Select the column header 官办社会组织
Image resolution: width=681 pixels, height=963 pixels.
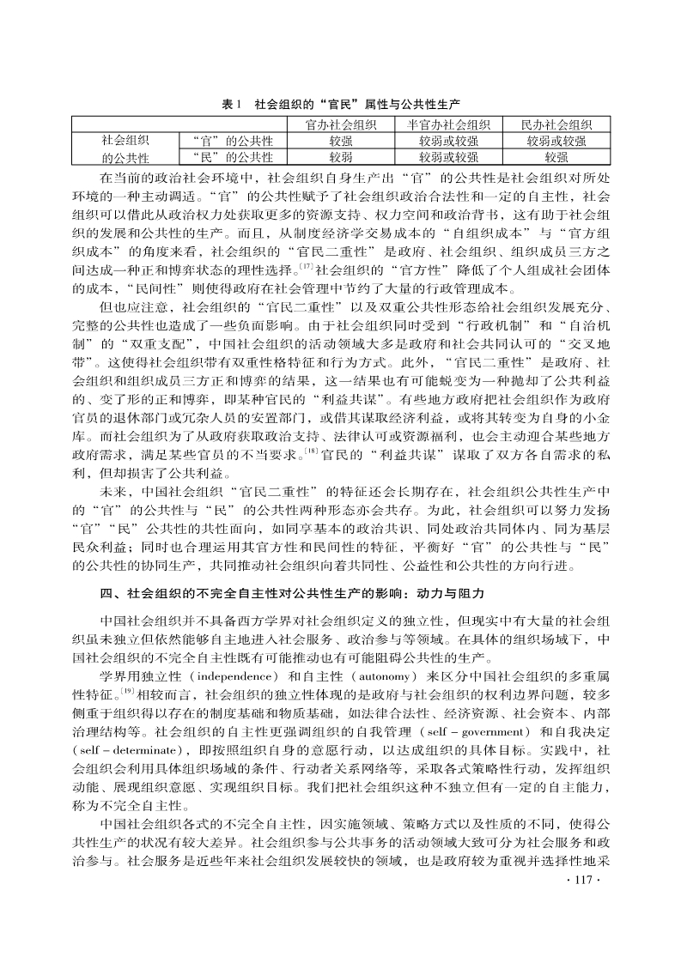(x=341, y=124)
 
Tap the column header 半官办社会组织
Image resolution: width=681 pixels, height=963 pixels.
(x=447, y=124)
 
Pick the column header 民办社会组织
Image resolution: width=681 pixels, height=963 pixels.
(x=556, y=124)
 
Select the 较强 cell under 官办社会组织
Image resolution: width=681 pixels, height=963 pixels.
(x=341, y=141)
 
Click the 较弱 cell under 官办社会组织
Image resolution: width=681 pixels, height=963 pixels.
(x=341, y=157)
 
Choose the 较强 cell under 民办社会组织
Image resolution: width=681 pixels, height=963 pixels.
(x=556, y=157)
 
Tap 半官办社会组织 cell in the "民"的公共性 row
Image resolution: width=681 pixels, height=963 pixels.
(x=447, y=157)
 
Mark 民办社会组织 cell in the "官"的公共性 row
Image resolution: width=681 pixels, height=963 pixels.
(x=556, y=141)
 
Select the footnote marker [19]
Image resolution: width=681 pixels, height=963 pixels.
(x=127, y=665)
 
